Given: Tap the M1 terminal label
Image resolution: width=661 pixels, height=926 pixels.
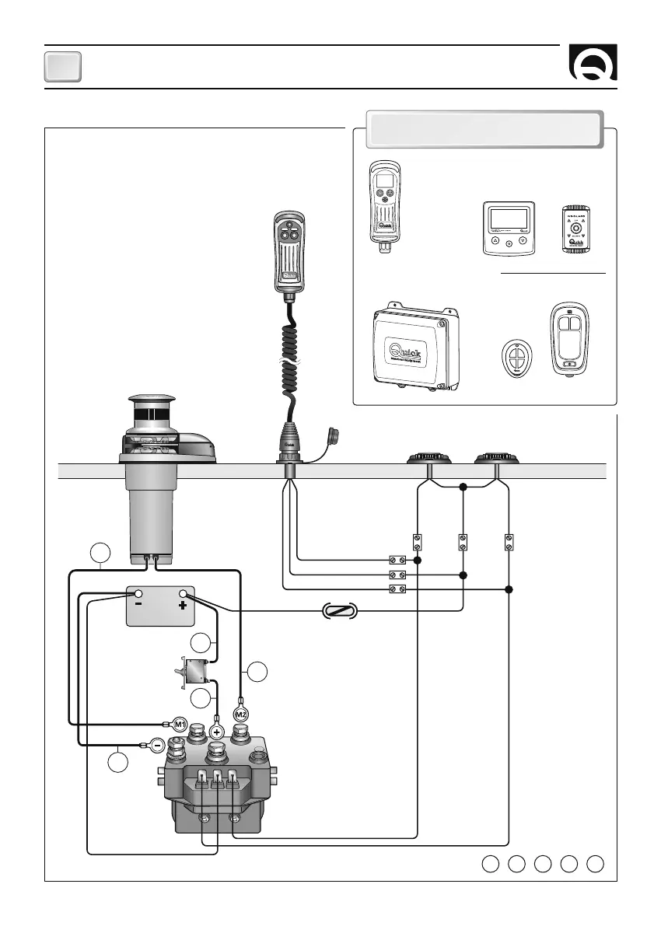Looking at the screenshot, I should (179, 724).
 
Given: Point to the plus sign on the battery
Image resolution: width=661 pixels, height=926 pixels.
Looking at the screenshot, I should (184, 605).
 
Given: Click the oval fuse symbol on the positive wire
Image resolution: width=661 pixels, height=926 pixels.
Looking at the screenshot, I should (339, 611).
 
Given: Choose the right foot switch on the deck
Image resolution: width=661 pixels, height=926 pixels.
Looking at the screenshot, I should (496, 458).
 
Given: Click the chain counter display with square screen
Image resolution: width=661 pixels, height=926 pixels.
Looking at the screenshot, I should (509, 228).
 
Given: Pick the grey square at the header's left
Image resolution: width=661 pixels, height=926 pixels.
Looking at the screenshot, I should (62, 67).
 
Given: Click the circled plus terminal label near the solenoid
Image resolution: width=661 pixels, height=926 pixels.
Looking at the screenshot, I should (217, 732).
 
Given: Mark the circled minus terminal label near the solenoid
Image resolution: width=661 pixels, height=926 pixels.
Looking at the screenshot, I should (158, 746).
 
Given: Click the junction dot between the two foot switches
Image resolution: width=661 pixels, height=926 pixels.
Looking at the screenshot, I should (463, 487).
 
